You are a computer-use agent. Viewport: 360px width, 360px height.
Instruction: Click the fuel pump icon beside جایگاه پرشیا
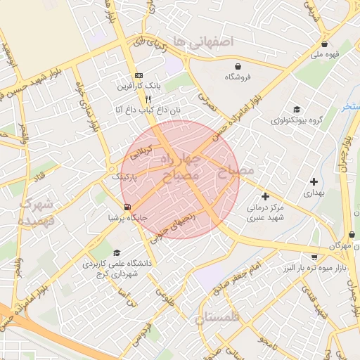pos(127,207)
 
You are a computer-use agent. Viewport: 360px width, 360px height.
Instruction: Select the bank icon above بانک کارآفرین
pos(138,75)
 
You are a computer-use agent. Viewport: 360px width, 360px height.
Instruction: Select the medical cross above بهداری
pos(314,181)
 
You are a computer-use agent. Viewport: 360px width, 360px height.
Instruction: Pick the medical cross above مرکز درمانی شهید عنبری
pos(265,196)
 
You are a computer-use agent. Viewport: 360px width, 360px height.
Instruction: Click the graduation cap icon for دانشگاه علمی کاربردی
pos(116,253)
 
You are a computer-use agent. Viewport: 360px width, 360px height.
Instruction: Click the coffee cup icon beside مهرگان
pos(356,247)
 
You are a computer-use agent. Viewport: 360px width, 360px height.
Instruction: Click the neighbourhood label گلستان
pos(219,319)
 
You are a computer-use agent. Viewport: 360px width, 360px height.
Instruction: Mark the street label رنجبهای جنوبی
pos(179,224)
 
